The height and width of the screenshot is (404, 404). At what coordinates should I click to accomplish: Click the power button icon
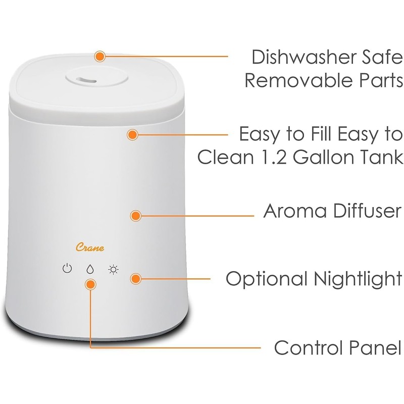click(x=67, y=269)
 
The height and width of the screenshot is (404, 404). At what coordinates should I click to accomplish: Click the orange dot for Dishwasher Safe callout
click(x=100, y=55)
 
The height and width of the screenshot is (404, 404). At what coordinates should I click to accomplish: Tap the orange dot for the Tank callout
click(x=132, y=135)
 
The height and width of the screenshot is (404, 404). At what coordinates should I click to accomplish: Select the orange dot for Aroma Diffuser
click(x=135, y=216)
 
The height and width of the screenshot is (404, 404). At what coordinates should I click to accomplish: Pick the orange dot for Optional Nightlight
click(x=135, y=278)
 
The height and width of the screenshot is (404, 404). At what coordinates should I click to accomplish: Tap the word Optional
click(x=264, y=279)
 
